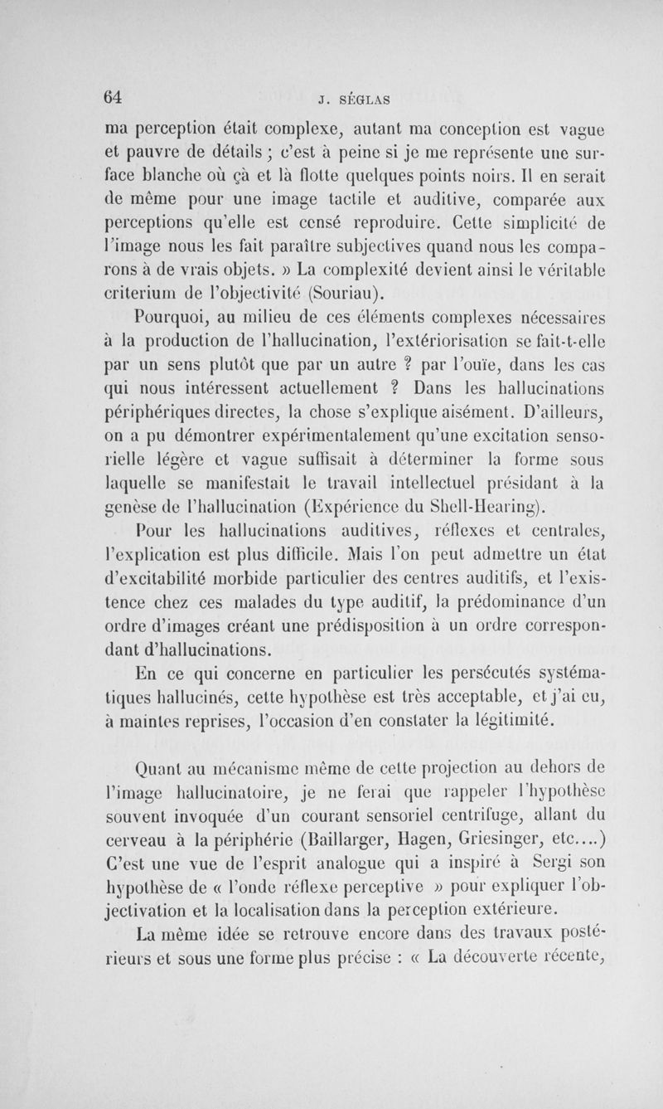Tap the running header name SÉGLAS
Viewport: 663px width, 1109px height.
pos(353,101)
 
